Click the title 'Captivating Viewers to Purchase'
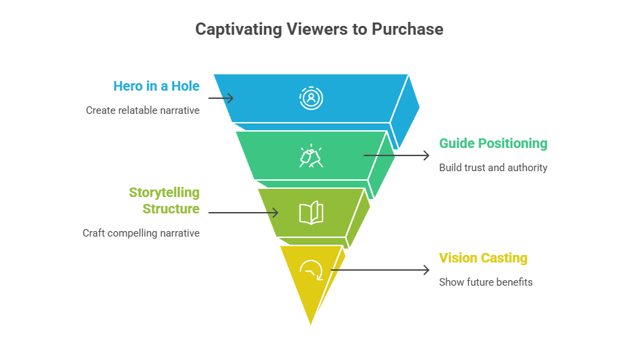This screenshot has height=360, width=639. coord(319,29)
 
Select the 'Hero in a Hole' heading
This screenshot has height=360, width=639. coord(157,86)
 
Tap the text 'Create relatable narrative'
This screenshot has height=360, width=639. coord(143,110)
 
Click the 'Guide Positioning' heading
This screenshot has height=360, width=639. coord(493,143)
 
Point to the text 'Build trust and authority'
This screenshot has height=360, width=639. coord(493,167)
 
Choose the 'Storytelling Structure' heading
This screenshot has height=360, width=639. coord(165,200)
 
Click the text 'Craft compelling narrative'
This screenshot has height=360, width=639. coord(142,232)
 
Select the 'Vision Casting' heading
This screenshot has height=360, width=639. coord(483,258)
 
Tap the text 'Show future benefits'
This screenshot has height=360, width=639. coord(485,282)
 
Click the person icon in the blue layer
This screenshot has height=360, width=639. coord(311,97)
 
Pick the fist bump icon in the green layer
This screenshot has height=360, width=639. coord(311,156)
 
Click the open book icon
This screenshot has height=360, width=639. coord(311,213)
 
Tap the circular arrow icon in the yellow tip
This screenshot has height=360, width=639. coord(311,270)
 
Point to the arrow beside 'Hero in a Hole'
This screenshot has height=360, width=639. coord(220,98)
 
